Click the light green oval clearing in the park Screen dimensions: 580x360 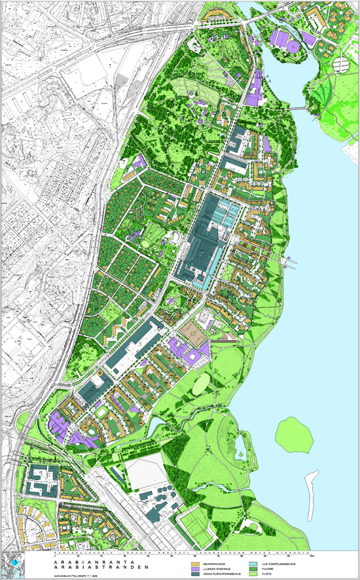coord(201,382)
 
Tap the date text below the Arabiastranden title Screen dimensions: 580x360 coord(72,575)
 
